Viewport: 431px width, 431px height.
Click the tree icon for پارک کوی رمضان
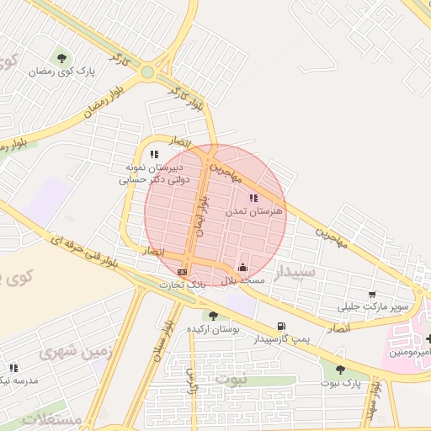click(61, 58)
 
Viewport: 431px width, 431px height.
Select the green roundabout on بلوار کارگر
click(148, 72)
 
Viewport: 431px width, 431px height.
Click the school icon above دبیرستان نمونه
click(154, 154)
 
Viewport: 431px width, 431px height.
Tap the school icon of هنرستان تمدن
click(254, 199)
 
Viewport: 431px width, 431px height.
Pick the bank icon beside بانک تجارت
click(184, 273)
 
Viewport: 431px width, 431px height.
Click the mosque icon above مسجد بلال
click(243, 267)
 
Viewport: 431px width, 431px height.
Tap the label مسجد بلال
click(243, 280)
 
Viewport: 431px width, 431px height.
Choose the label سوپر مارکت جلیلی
click(375, 306)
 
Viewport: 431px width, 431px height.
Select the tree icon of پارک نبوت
click(340, 370)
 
